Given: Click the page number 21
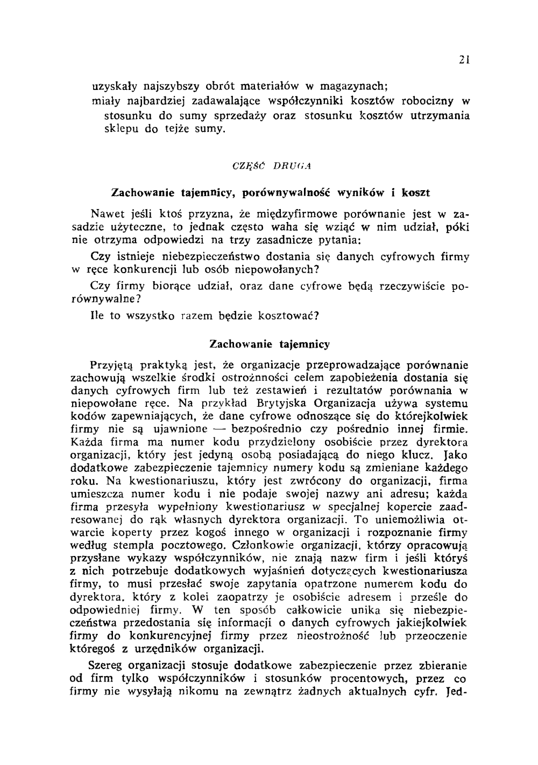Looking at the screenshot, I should (x=466, y=61).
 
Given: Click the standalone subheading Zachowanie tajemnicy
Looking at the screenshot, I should (x=269, y=344).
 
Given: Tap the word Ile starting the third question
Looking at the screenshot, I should (x=97, y=316).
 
